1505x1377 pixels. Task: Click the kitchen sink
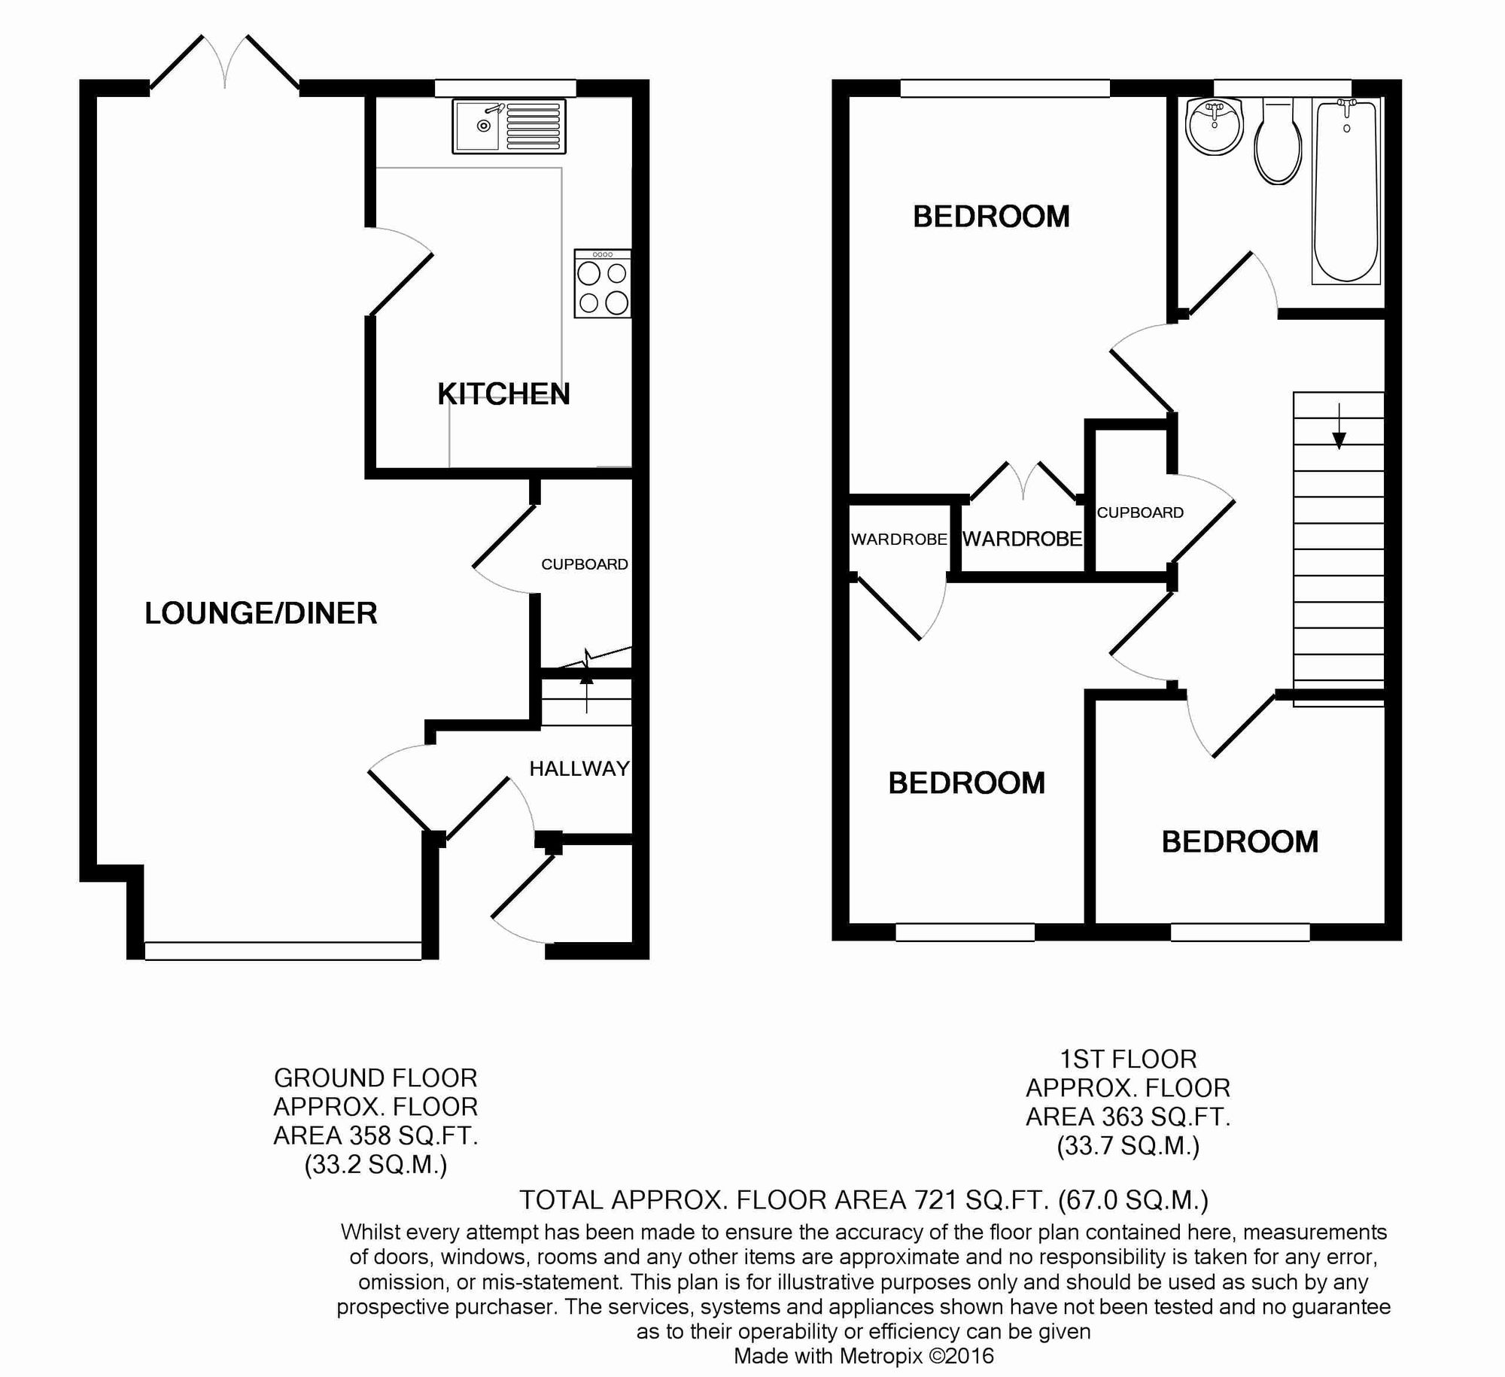tap(509, 126)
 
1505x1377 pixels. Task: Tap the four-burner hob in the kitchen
tap(603, 284)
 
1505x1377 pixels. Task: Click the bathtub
tap(1346, 192)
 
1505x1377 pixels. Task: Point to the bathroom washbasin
tap(1214, 126)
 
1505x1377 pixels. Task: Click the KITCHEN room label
tap(503, 394)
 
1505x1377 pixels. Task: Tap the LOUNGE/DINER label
tap(261, 613)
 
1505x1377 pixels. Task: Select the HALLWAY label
tap(579, 768)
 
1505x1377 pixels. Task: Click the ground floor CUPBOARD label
tap(585, 564)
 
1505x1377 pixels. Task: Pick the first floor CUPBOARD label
tap(1140, 512)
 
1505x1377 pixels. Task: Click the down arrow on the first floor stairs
tap(1339, 426)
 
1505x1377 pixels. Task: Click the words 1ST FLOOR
tap(1128, 1059)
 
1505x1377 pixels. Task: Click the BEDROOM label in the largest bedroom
tap(991, 217)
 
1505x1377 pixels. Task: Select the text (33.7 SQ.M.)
tap(1128, 1145)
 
